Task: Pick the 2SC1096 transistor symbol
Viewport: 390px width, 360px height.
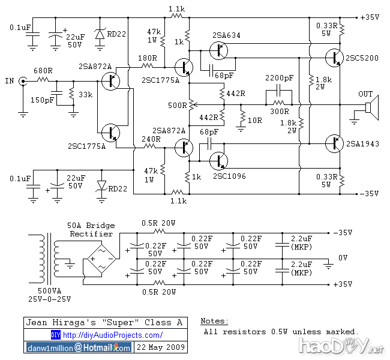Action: click(x=221, y=160)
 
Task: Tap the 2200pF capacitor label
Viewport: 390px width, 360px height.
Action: click(x=280, y=78)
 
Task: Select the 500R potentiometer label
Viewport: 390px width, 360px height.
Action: click(x=177, y=106)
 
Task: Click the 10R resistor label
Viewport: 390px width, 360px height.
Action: click(x=255, y=121)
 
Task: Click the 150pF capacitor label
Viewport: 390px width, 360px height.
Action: click(x=43, y=100)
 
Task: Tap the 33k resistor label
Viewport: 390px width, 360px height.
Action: click(x=85, y=94)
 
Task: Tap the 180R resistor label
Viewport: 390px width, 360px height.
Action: click(x=148, y=58)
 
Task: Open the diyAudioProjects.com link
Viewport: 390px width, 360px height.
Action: click(x=112, y=335)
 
